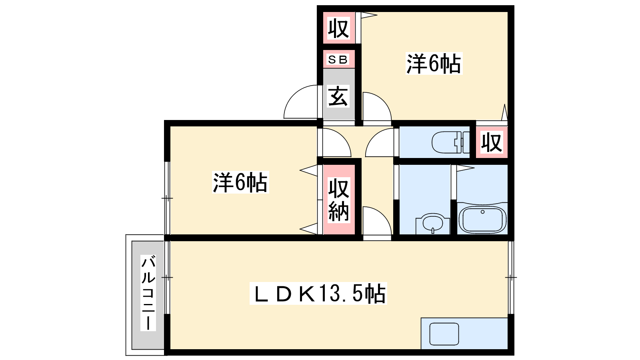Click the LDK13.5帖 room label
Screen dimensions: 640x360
[x=318, y=294]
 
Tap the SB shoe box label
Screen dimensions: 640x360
[x=338, y=60]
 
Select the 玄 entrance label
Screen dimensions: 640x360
[x=338, y=96]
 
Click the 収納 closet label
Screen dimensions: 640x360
[x=338, y=200]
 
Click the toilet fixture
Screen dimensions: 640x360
[x=450, y=142]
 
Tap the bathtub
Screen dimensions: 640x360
[x=482, y=220]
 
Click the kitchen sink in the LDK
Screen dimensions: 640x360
[x=444, y=334]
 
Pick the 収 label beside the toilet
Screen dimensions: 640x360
[x=492, y=142]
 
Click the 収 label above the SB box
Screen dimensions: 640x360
[x=338, y=28]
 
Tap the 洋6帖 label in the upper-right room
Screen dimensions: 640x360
[x=434, y=64]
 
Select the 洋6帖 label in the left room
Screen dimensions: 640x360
[x=240, y=182]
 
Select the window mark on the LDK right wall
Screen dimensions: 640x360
[x=511, y=277]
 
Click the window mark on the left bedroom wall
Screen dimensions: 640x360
[x=167, y=198]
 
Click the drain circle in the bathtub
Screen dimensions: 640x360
[x=482, y=212]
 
